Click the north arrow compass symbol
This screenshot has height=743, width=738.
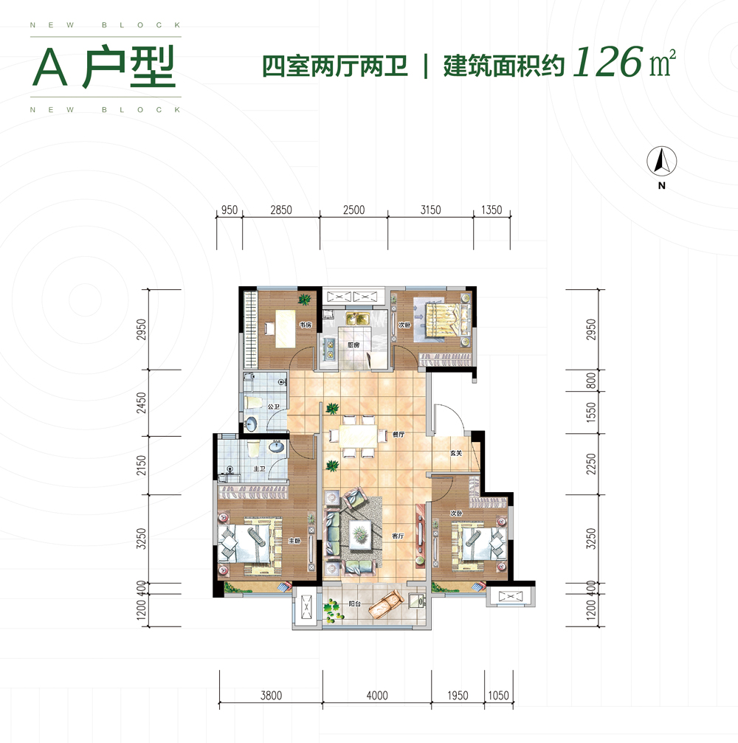coord(662,160)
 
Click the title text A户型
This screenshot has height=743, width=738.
coord(103,69)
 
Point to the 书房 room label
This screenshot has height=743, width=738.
coord(304,325)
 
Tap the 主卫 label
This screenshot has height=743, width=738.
coord(260,469)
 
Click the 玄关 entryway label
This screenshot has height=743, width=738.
coord(455,453)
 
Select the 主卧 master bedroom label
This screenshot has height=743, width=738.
coord(293,539)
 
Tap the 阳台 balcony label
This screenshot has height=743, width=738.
coord(354,604)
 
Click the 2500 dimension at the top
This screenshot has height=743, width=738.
coord(354,210)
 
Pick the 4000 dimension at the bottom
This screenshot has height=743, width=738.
coord(376,695)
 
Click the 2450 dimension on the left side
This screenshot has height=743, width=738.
coord(142,403)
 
